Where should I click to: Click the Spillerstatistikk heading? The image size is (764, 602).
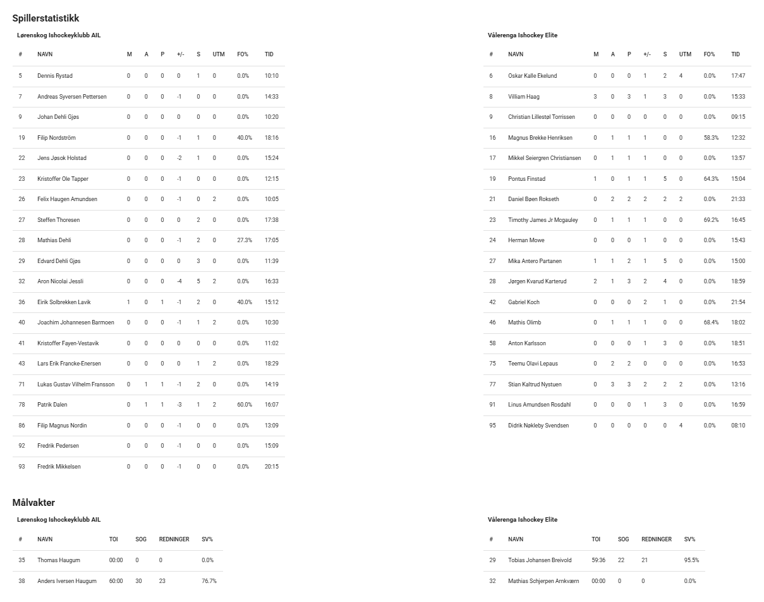click(45, 18)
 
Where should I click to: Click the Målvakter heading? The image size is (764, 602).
click(33, 503)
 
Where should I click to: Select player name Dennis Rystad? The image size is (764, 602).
click(55, 76)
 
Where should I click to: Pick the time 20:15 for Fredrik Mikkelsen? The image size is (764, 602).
click(272, 467)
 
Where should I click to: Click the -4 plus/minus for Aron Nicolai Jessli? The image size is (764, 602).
click(179, 281)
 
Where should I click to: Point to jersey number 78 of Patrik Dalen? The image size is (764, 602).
click(21, 405)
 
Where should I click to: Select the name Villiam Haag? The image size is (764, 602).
click(524, 97)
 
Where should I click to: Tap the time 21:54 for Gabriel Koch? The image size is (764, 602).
click(738, 302)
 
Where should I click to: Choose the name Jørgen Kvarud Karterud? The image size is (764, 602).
click(537, 281)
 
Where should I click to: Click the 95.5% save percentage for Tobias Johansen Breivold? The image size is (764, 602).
click(691, 560)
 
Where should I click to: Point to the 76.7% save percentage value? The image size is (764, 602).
click(209, 581)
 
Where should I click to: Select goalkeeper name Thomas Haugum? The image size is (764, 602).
click(58, 560)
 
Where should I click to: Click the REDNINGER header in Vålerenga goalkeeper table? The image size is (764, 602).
click(656, 539)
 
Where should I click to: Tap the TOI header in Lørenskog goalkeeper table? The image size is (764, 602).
click(113, 539)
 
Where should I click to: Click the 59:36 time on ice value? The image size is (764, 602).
click(597, 560)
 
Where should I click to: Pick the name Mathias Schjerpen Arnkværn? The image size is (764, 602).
click(543, 581)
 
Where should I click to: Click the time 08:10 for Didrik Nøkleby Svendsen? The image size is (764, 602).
click(738, 426)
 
